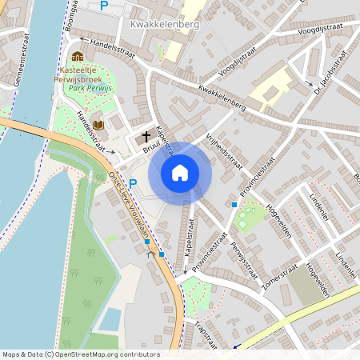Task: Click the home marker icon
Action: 180,172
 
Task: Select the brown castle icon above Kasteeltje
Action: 78,56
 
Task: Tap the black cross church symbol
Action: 146,136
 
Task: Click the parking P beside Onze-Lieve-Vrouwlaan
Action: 134,183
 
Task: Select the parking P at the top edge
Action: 103,6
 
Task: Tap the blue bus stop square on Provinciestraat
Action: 234,205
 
